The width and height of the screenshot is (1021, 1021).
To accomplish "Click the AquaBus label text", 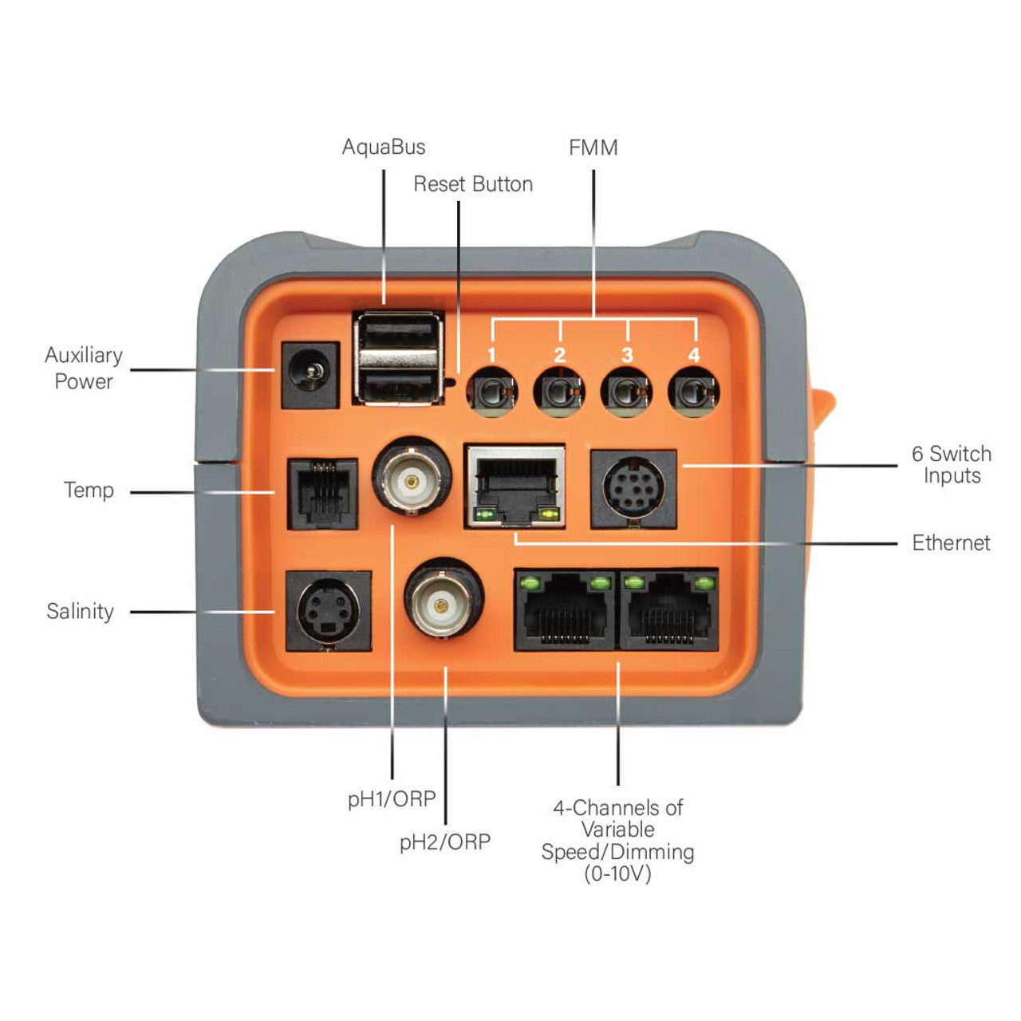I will (x=384, y=148).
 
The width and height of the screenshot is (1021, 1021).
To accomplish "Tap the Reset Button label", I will (x=472, y=184).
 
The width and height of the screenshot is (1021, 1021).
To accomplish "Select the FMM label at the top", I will (x=593, y=148).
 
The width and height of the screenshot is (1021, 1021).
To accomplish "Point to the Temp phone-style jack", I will (x=322, y=494).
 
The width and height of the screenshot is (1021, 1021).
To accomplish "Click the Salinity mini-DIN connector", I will (x=328, y=611).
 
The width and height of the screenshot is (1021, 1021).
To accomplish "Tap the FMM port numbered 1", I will (x=492, y=392).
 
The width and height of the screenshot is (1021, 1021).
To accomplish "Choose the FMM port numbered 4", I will (x=694, y=392).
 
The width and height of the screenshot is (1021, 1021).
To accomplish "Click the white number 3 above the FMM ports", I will (x=627, y=355).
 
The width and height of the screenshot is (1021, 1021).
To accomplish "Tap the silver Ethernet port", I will (x=514, y=487).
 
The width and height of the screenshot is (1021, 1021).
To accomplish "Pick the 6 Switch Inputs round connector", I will (x=633, y=488).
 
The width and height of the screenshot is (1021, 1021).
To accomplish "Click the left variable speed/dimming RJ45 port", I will (x=565, y=609).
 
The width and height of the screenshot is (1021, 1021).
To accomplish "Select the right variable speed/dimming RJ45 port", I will (x=668, y=609).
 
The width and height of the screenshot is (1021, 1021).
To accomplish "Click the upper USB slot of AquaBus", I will (x=397, y=330).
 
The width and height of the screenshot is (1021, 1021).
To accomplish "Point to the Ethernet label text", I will (x=951, y=543).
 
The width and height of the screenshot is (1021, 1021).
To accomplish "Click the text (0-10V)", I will (x=617, y=874).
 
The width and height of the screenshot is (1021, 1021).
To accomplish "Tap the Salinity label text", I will (x=80, y=612).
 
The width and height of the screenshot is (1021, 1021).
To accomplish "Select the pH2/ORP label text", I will (x=445, y=842).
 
